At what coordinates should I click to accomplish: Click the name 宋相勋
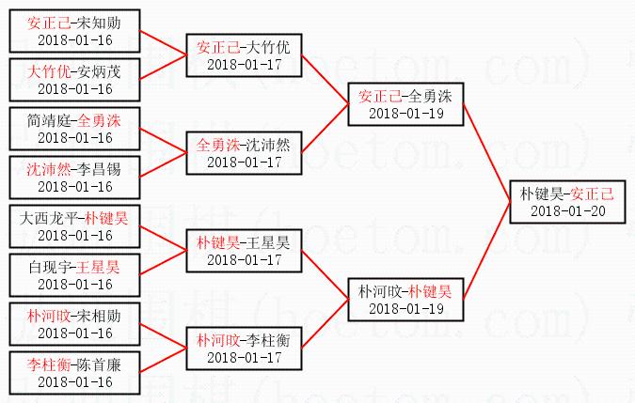(x=112, y=317)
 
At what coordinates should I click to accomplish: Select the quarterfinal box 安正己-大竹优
(x=244, y=54)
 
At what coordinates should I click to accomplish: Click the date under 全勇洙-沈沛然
(x=244, y=162)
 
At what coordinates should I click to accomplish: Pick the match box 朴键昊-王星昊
(x=244, y=250)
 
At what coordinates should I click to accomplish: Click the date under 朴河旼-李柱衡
(x=244, y=357)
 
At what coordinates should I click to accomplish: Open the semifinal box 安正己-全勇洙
(x=405, y=103)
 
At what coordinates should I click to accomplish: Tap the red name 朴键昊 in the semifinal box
(x=430, y=291)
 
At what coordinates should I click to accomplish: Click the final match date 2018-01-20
(x=567, y=210)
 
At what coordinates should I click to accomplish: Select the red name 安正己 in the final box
(x=592, y=194)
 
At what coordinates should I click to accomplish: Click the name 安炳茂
(x=112, y=70)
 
